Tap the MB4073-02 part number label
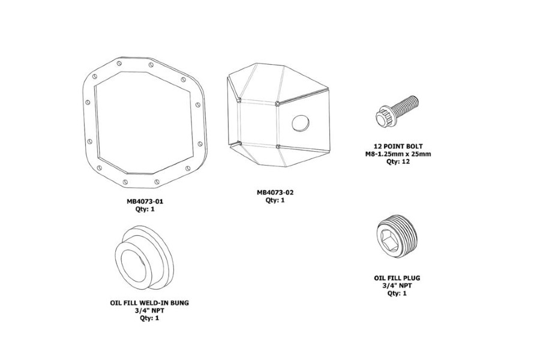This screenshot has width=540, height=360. click(x=275, y=193)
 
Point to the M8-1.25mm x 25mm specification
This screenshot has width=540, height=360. click(x=398, y=154)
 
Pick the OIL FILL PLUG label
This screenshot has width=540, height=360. click(x=397, y=278)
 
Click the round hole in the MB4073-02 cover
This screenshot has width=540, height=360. click(x=300, y=123)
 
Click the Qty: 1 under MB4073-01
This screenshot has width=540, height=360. click(x=145, y=209)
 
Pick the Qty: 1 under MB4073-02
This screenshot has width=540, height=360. click(x=275, y=200)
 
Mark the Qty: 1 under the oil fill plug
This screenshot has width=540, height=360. click(x=397, y=294)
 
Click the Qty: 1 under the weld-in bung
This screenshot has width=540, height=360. click(x=149, y=318)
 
